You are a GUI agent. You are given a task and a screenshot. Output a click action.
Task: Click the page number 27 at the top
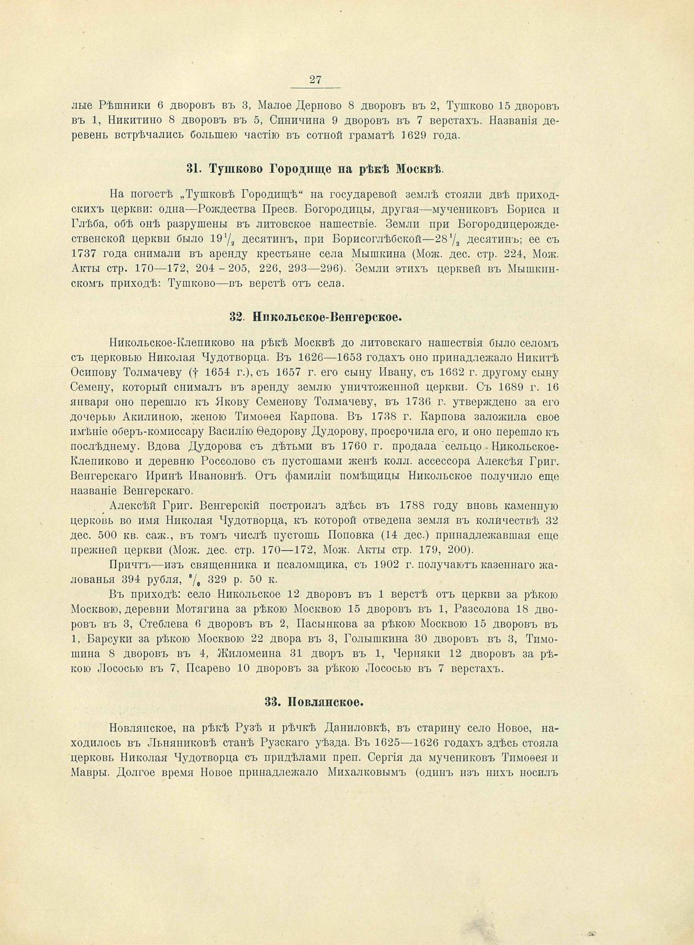[x=315, y=80]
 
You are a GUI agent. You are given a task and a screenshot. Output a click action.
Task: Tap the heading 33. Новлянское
[x=314, y=702]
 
